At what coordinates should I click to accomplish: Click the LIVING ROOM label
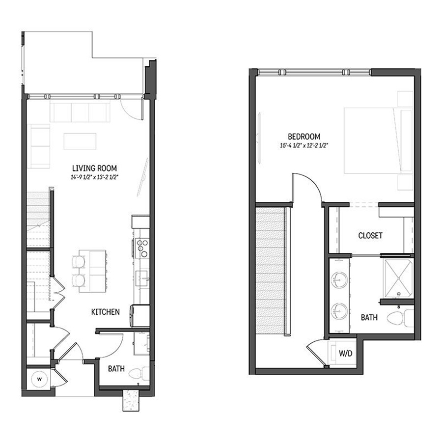click(94, 168)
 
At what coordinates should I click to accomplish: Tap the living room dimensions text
click(95, 178)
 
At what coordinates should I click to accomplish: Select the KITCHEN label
click(106, 312)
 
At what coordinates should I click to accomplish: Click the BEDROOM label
click(304, 137)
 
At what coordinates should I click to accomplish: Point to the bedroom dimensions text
click(304, 146)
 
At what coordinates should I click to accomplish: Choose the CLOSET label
click(370, 235)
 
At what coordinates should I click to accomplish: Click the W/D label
click(346, 353)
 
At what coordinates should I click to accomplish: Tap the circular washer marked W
click(39, 379)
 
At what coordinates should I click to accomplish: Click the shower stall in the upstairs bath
click(399, 278)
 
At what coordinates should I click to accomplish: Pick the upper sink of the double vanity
click(339, 281)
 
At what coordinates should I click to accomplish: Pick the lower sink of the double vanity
click(339, 312)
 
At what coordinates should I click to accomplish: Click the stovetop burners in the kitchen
click(142, 248)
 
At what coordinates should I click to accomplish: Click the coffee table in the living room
click(80, 141)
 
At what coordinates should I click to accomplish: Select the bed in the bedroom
click(378, 140)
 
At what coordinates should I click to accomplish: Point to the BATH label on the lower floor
click(116, 369)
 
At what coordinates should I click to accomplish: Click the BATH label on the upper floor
click(369, 318)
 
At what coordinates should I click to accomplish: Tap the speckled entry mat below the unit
click(131, 400)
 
